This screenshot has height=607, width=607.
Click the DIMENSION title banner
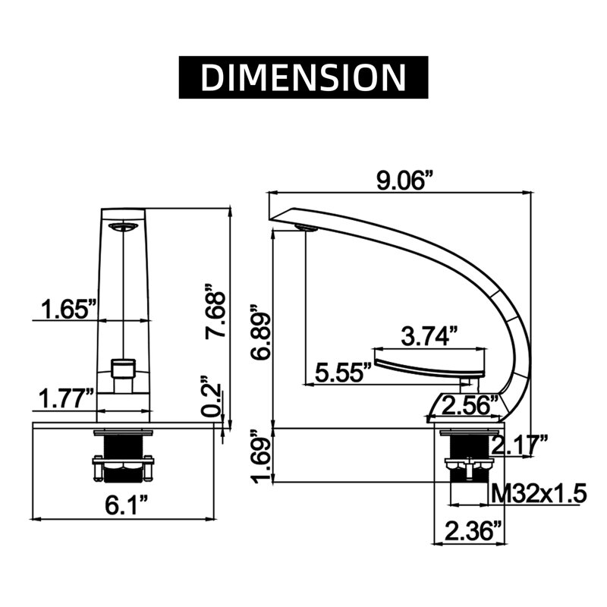pos(303,77)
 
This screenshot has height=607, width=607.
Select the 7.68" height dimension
pos(215,311)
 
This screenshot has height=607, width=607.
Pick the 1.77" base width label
pos(66,399)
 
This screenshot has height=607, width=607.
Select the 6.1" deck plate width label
pos(127,505)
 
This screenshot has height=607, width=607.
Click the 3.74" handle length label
pos(429,335)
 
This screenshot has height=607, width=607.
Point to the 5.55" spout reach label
pos(343,373)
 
